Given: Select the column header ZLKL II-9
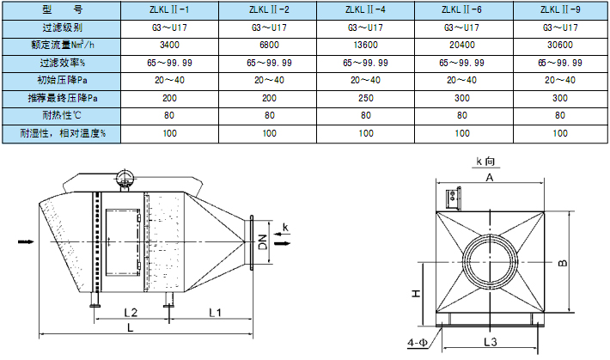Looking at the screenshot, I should point(560,9).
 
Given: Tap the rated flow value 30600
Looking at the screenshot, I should point(560,45).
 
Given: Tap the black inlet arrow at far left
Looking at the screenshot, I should point(24,244).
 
